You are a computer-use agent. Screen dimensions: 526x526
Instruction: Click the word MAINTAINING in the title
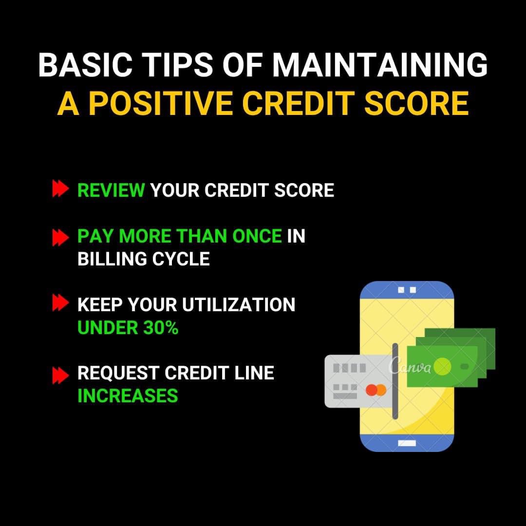click(379, 65)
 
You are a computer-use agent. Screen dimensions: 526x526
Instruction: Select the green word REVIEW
click(111, 190)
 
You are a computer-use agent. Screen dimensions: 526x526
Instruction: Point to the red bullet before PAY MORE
click(60, 238)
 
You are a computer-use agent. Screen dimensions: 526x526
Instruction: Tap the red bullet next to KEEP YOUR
click(60, 302)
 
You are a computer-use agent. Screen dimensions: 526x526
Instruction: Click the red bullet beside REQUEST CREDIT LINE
click(60, 375)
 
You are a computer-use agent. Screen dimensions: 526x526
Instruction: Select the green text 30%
click(161, 328)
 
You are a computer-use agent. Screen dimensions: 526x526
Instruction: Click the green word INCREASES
click(128, 396)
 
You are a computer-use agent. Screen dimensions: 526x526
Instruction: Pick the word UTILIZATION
click(239, 304)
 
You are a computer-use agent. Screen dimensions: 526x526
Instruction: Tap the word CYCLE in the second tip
click(181, 259)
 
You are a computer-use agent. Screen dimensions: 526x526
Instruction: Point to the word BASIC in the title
click(86, 65)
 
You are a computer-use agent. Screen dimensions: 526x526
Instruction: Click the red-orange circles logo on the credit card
click(376, 390)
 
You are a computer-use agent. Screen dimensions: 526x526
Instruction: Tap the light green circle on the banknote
click(442, 367)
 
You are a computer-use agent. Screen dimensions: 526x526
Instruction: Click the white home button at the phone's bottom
click(407, 443)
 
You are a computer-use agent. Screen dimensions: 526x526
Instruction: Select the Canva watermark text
click(410, 366)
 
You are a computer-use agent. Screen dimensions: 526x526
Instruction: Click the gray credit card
click(359, 381)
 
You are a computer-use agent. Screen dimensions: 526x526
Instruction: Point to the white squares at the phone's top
click(407, 290)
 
